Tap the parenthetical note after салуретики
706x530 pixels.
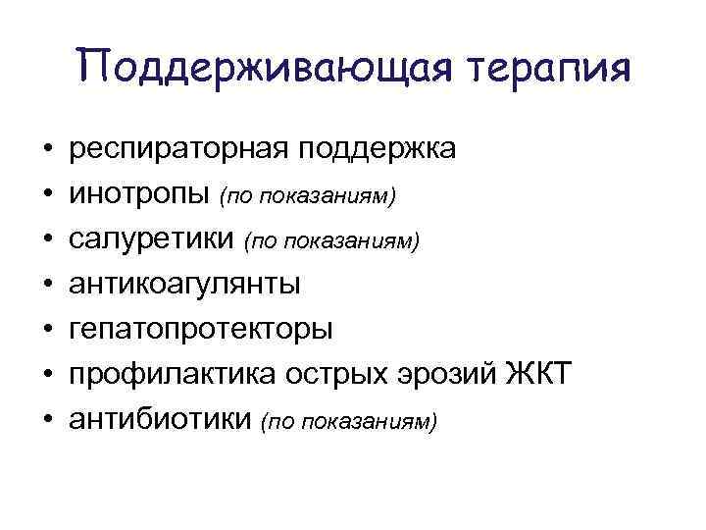click(x=331, y=241)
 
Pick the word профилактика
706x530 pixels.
click(x=172, y=374)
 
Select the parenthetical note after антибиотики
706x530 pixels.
click(x=349, y=420)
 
